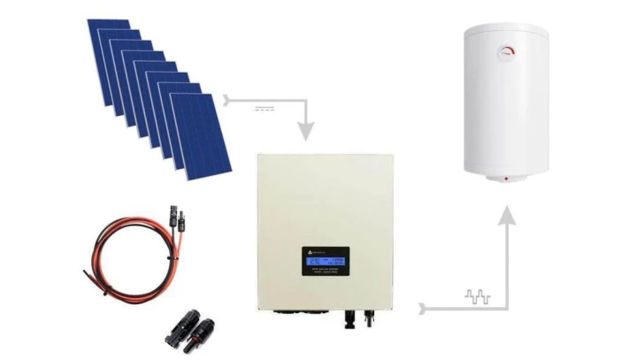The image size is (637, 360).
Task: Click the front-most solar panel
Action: tap(201, 133)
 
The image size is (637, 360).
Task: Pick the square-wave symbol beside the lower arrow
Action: tap(478, 297)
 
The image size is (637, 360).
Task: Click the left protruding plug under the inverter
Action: tap(355, 317)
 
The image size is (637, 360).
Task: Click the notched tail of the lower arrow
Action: tap(425, 309)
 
